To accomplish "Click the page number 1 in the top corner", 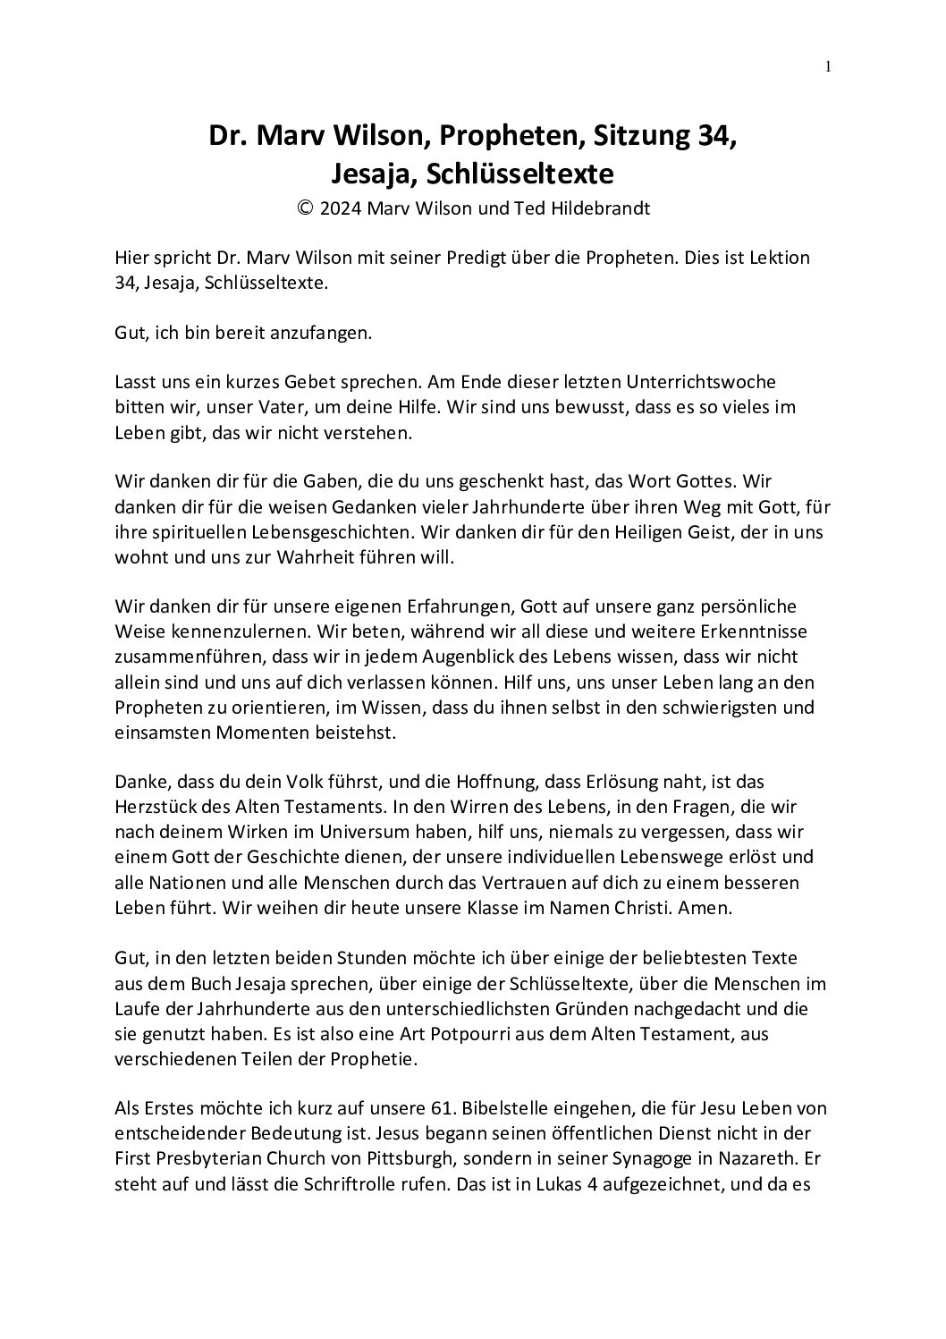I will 829,66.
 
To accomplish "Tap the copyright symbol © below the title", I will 305,208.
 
